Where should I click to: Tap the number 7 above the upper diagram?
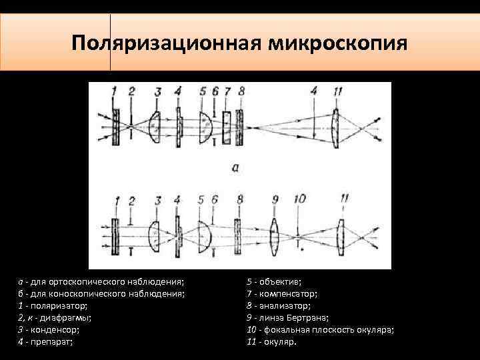click(x=227, y=91)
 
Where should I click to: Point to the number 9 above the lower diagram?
click(x=275, y=199)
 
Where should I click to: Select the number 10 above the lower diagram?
click(x=300, y=199)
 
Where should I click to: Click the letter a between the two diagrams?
click(x=235, y=167)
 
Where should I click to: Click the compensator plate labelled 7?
click(x=227, y=125)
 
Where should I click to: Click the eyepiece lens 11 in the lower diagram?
click(x=341, y=233)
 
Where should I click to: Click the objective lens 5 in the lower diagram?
click(x=205, y=233)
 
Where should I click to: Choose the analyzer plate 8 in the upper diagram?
click(x=241, y=125)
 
